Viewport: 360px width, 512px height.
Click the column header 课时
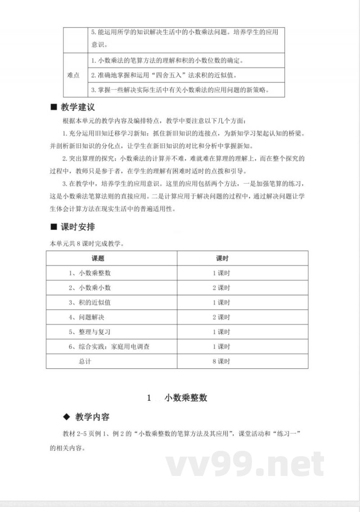[x=222, y=258]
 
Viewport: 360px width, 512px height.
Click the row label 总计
[x=85, y=361]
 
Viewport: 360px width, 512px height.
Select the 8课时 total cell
[x=221, y=361]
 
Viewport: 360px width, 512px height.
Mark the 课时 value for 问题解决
[x=221, y=317]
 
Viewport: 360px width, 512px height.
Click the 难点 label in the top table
[x=73, y=75]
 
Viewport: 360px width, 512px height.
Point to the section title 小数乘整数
[x=185, y=398]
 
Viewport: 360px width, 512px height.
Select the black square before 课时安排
[x=53, y=227]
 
